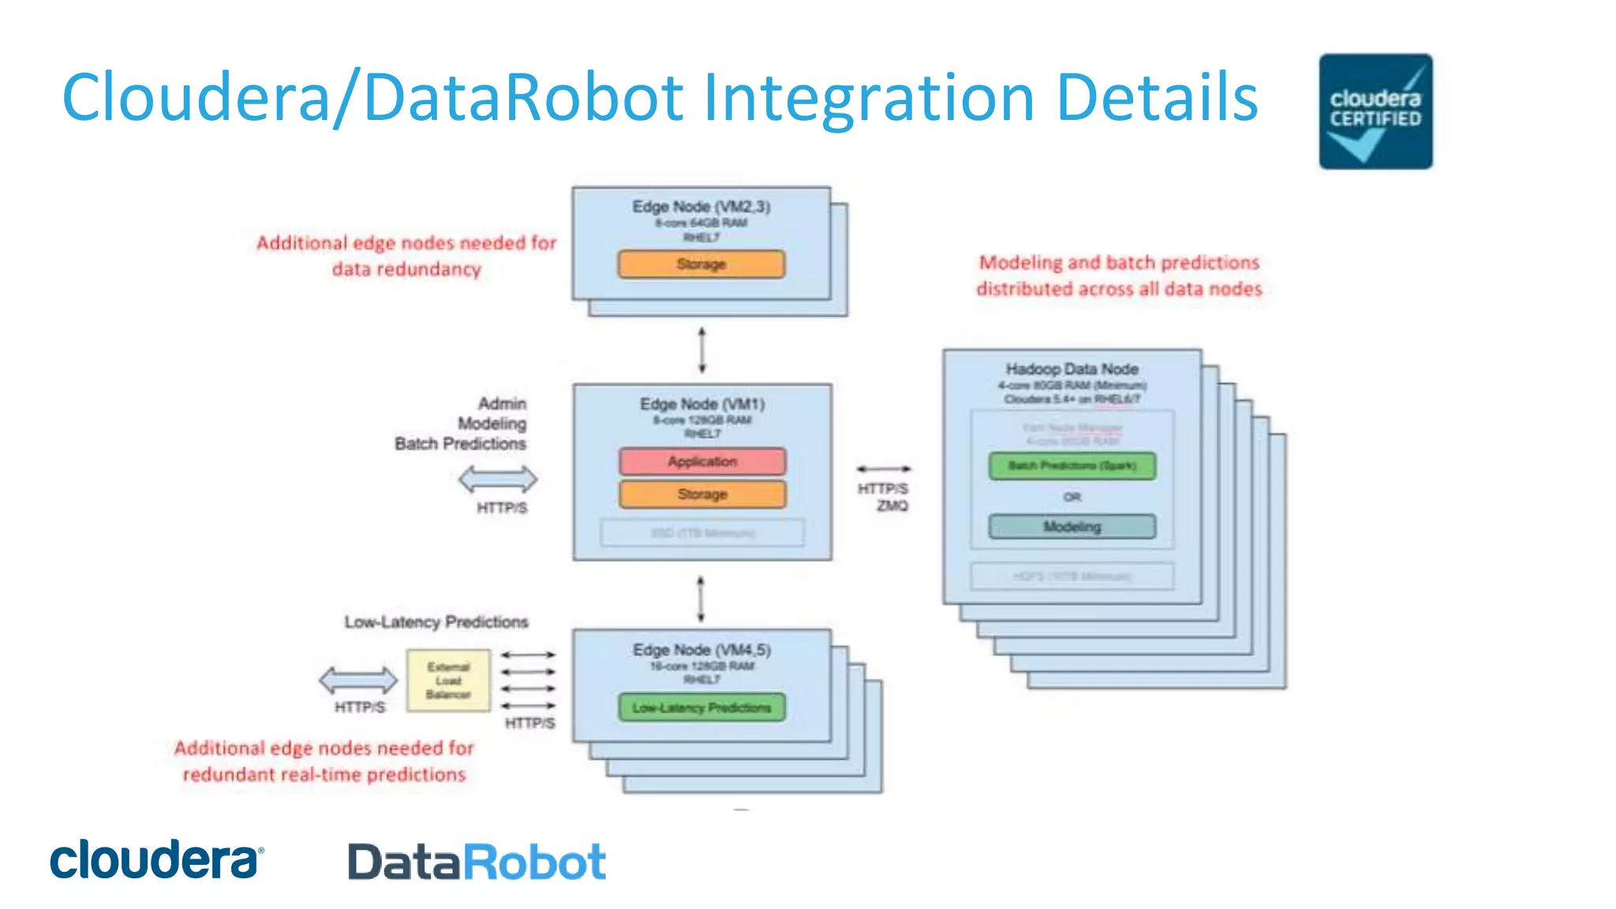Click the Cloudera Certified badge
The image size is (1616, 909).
pos(1375,111)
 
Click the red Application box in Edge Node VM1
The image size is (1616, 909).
pos(702,462)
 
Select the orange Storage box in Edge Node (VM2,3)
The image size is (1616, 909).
pos(701,264)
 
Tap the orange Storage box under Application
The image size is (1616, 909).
pos(702,495)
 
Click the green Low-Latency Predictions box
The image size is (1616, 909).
pos(701,708)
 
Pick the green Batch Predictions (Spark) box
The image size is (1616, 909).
pos(1072,466)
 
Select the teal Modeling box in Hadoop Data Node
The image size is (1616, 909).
pos(1072,526)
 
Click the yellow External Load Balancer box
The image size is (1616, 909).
pos(448,680)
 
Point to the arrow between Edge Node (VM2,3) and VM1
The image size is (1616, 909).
pos(701,350)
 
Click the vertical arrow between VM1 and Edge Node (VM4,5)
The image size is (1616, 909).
pos(701,600)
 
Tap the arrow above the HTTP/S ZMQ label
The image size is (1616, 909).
pos(884,469)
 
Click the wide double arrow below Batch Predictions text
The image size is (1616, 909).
pos(498,479)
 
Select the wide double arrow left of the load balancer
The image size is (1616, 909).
pos(358,679)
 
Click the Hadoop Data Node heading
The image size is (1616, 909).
pos(1072,369)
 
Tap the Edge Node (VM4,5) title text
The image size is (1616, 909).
pos(701,649)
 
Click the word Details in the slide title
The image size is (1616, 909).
pos(1156,97)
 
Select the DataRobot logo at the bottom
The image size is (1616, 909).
pos(477,862)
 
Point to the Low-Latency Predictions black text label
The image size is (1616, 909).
pos(436,622)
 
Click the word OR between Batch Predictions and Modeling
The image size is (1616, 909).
pos(1072,497)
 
